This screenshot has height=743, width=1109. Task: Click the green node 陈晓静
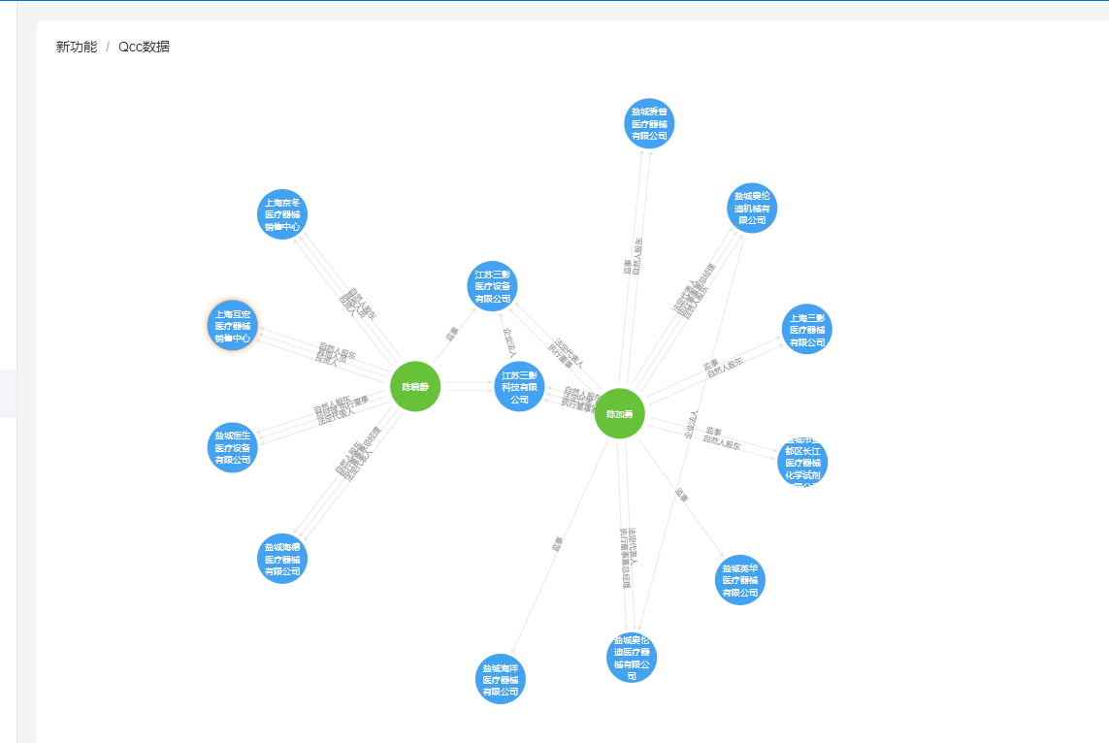[x=415, y=386]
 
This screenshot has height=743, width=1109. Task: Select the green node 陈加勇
[x=619, y=413]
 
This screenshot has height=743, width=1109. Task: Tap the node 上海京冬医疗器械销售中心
[x=282, y=214]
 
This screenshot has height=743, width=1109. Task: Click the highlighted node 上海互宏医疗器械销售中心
[x=233, y=326]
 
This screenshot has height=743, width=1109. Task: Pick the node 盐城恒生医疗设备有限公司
[x=233, y=447]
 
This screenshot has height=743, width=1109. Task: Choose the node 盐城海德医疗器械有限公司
[x=282, y=559]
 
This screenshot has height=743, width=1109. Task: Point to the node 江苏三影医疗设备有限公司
[x=492, y=286]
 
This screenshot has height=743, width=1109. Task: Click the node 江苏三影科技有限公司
[x=519, y=386]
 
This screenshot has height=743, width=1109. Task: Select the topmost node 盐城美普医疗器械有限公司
[x=649, y=124]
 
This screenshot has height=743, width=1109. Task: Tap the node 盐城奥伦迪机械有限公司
[x=752, y=208]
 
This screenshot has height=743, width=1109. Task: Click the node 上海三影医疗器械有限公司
[x=806, y=330]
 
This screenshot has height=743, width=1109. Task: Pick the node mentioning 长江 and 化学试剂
[x=802, y=463]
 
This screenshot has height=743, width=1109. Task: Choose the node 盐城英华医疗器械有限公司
[x=739, y=580]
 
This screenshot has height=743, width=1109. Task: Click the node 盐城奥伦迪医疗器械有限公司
[x=632, y=658]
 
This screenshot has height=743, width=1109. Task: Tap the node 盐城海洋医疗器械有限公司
[x=501, y=679]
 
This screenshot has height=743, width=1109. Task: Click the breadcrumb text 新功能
[x=77, y=47]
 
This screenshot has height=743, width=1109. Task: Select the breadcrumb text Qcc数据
[x=144, y=47]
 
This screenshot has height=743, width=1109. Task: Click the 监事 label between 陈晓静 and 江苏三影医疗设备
[x=451, y=333]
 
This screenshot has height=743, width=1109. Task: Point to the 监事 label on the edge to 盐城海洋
[x=557, y=544]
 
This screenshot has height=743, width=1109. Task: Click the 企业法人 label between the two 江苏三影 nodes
[x=508, y=342]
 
